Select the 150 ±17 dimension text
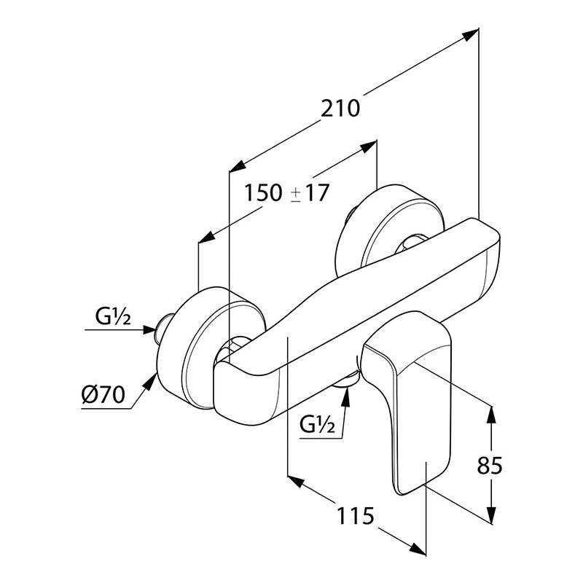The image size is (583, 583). [287, 194]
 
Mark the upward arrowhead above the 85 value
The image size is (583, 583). [493, 412]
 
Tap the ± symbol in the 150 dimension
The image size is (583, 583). [296, 195]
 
